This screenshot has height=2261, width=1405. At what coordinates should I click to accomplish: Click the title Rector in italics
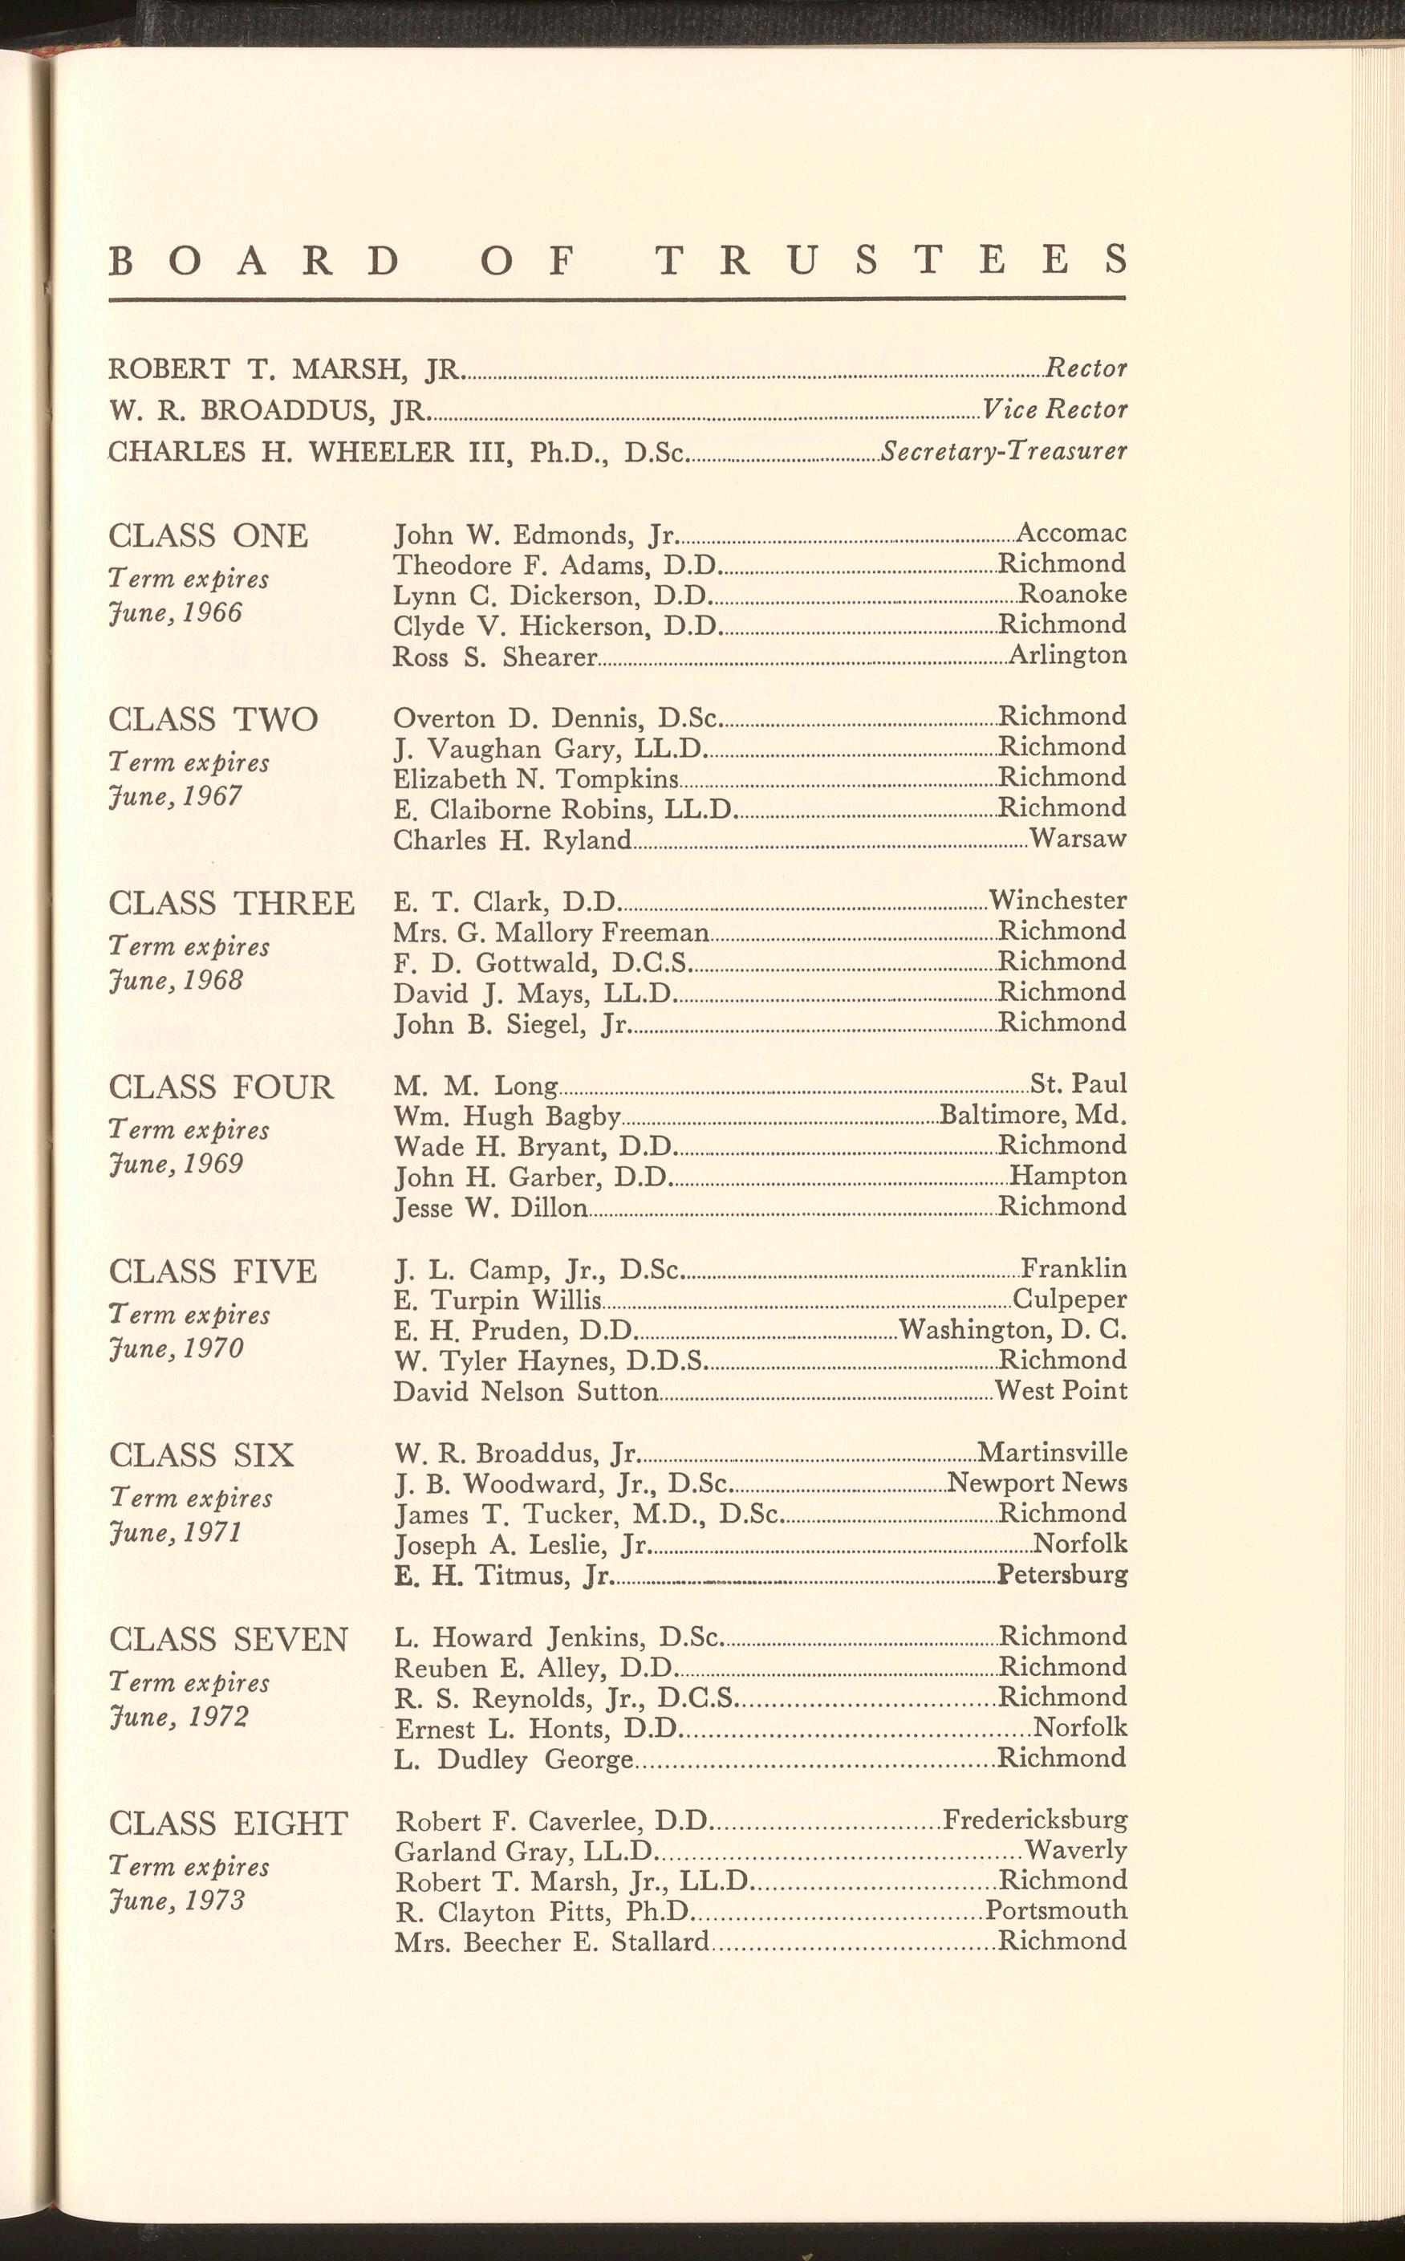point(1086,369)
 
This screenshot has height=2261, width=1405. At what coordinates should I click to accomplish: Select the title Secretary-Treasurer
point(1004,452)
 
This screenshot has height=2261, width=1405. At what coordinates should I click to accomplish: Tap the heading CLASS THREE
point(231,903)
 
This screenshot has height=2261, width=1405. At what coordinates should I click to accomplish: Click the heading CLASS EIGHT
point(228,1824)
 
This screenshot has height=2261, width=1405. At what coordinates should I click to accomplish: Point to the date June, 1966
point(175,613)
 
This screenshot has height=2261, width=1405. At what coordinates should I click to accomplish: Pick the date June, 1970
point(175,1348)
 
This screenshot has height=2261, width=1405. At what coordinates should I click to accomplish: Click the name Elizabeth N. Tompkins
point(536,778)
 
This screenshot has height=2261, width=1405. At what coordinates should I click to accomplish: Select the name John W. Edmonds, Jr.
point(537,535)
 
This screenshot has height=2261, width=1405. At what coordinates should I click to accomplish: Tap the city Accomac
point(1071,532)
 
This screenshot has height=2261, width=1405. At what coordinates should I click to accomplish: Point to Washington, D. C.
point(1013,1329)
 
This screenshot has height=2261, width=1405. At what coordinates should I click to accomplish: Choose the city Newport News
point(1037,1482)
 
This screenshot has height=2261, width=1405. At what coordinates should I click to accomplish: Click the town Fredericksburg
point(1035,1819)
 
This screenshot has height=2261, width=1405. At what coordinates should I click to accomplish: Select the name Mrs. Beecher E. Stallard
point(552,1942)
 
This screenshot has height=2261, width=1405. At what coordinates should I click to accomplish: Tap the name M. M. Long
point(476,1085)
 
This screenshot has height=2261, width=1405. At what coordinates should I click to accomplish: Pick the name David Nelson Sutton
point(526,1392)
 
